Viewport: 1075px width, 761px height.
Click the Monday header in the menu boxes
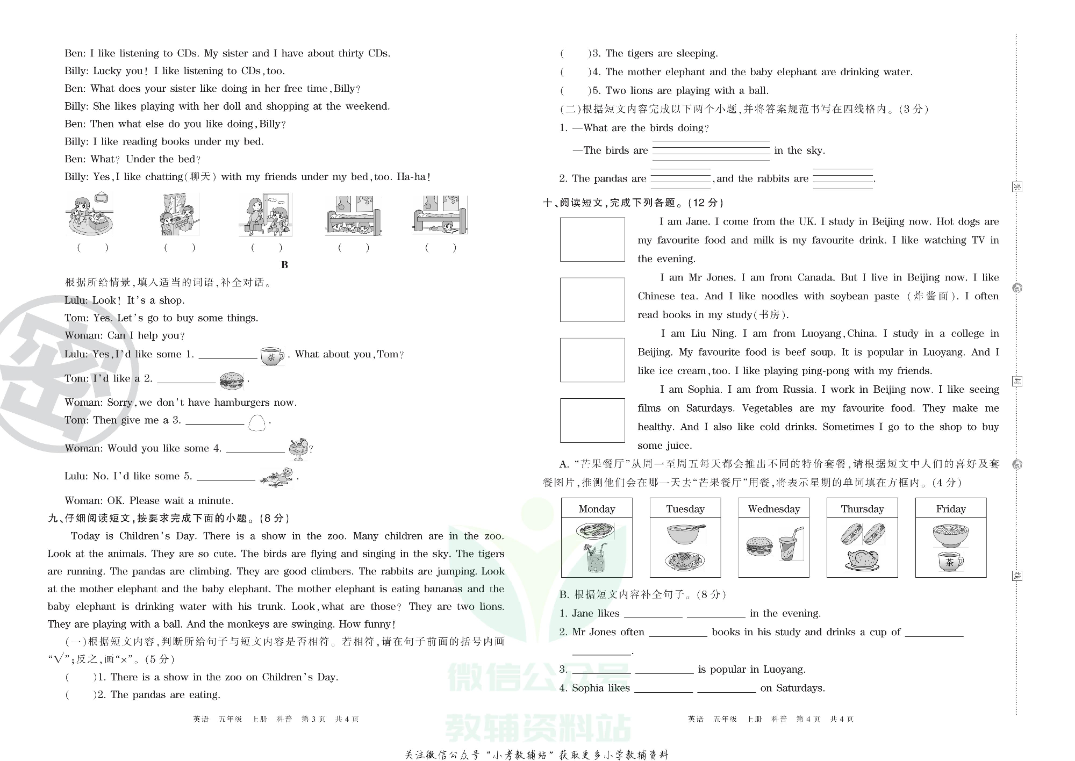597,508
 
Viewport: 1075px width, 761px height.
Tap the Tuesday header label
685,508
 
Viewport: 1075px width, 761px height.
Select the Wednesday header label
773,508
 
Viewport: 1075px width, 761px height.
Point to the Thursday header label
862,508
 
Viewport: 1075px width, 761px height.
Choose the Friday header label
950,508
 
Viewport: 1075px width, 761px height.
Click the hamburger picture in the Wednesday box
759,547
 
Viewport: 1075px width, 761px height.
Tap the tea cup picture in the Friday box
950,562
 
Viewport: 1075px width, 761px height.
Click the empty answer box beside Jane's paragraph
592,239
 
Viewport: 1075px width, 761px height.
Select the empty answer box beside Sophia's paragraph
592,420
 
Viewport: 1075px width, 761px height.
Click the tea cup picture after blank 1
272,356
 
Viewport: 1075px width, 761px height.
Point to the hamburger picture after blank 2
232,380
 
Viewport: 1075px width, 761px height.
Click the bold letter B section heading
284,265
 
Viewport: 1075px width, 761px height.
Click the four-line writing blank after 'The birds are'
711,150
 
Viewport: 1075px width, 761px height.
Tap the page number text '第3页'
313,719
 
